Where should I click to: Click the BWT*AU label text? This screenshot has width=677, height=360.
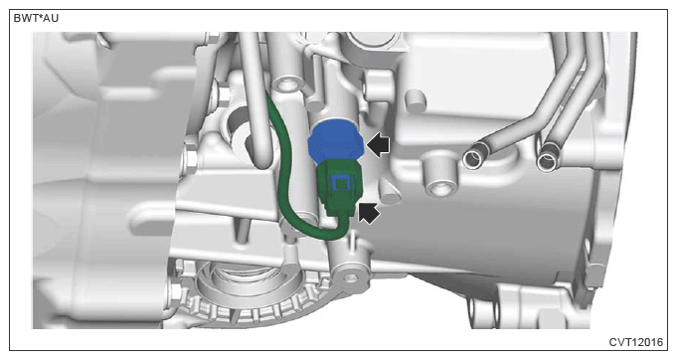36,18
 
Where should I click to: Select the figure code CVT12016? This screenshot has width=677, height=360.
635,342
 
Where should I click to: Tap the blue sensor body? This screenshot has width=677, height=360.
336,141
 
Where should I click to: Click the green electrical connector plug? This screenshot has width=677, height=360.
339,189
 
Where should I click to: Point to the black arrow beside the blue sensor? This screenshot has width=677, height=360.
378,145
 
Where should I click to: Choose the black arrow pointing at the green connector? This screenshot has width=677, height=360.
369,213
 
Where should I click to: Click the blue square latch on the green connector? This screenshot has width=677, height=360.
340,183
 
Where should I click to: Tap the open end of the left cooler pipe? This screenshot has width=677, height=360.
473,159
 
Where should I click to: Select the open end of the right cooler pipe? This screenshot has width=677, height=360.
548,161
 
